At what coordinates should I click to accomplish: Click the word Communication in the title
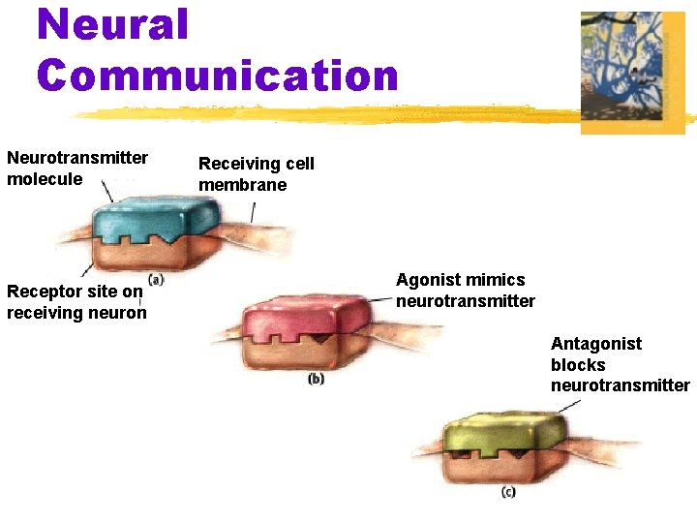click(218, 75)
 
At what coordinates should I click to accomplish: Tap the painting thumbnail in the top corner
click(632, 72)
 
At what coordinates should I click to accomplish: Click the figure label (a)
click(156, 280)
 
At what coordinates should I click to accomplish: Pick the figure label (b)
click(316, 379)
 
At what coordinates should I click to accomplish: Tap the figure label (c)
click(508, 492)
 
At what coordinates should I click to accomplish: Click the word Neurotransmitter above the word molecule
click(77, 158)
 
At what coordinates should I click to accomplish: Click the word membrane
click(243, 185)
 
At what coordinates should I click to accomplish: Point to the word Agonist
click(428, 280)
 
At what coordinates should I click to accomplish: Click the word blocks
click(578, 365)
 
